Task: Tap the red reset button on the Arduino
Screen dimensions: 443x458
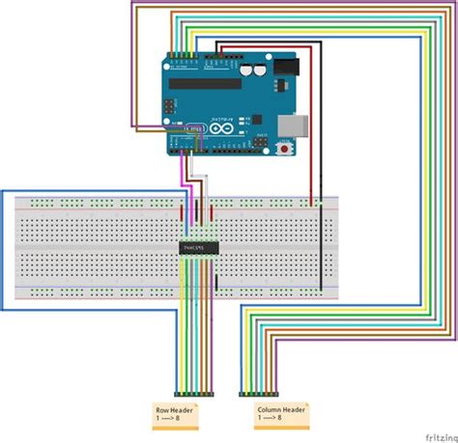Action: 285,150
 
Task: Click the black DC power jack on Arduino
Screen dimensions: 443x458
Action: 287,69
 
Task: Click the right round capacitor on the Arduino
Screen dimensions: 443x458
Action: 262,70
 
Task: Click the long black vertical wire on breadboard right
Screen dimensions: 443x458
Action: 321,246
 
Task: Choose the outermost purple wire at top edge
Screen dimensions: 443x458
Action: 131,58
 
